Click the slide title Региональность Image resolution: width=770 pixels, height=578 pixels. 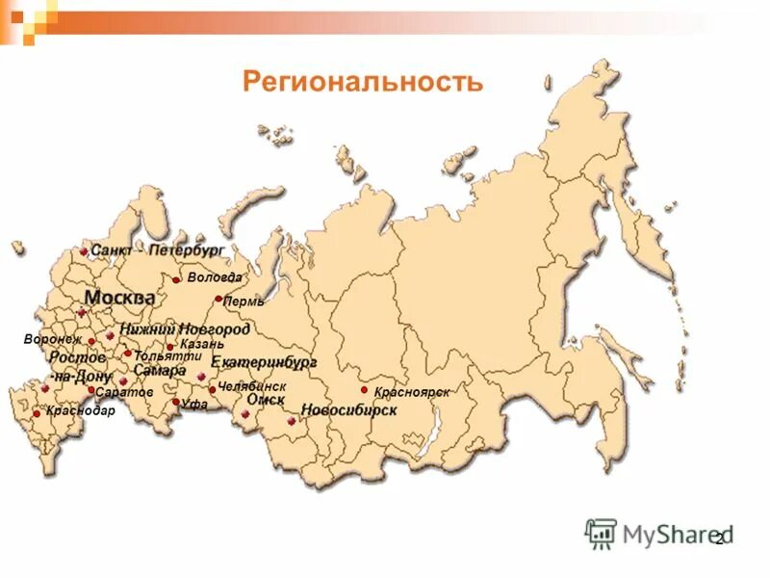(x=362, y=81)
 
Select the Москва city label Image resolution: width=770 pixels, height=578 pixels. (x=119, y=298)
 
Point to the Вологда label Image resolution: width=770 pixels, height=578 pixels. (x=215, y=277)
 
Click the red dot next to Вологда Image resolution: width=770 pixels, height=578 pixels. (x=176, y=280)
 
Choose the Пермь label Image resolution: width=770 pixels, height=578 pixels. (x=244, y=301)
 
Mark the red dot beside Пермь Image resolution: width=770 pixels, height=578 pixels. (x=218, y=300)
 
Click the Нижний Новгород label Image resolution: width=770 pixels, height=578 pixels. (x=185, y=329)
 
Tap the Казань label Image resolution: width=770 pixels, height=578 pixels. (x=202, y=344)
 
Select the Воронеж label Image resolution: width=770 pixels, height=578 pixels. (x=53, y=339)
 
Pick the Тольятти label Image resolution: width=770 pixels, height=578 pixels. (x=167, y=355)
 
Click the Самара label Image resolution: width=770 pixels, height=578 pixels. (x=160, y=370)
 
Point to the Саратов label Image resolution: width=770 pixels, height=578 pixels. (x=125, y=393)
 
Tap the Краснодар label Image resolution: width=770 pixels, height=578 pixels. (x=81, y=411)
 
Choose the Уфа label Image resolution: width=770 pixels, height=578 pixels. (x=194, y=405)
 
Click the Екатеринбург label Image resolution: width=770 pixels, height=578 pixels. (x=264, y=363)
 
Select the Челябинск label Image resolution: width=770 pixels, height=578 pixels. (x=252, y=386)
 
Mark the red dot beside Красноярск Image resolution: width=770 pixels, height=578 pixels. (x=365, y=390)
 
